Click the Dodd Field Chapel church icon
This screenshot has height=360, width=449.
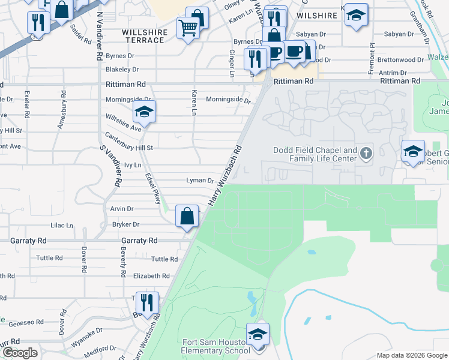point(366,155)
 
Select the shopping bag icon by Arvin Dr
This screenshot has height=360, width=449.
point(187,216)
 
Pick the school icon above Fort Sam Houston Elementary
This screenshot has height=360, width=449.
point(258,334)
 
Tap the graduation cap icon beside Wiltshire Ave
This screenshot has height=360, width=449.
point(144,112)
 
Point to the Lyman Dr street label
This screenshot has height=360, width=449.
point(200,181)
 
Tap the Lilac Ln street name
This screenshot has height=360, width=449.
point(62,225)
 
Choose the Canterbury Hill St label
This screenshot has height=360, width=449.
point(129,148)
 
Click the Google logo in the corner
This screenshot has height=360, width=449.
point(20,353)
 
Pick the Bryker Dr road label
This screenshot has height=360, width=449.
point(125,224)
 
